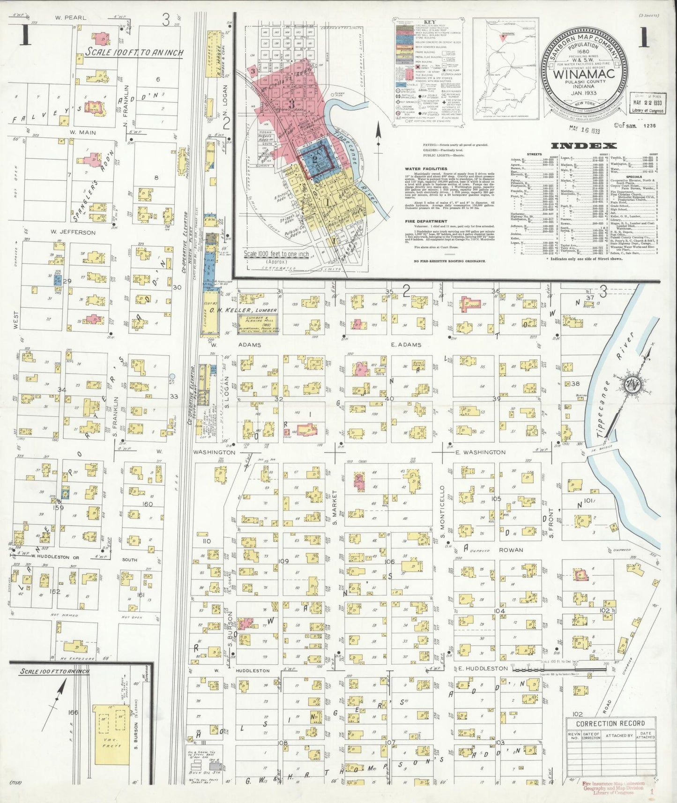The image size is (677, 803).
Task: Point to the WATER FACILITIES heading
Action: point(431,169)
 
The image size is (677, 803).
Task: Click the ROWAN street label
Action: point(510,550)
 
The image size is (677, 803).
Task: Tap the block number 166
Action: point(72,713)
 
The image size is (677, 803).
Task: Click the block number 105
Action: point(496,498)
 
